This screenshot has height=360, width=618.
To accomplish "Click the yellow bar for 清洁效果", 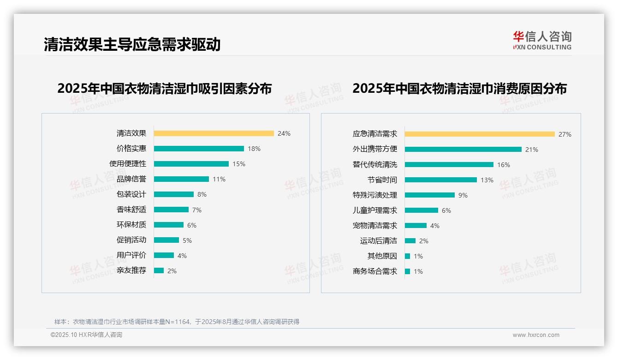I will point(214,133).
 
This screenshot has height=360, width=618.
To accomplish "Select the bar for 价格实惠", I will point(199,149).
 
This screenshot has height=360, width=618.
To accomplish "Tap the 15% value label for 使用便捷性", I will point(239,164).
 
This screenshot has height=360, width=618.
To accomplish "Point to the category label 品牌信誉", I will point(131,179).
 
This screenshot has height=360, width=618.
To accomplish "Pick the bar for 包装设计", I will point(174,194).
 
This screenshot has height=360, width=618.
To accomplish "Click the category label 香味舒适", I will point(131,210).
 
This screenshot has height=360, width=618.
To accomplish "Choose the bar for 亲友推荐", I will point(159,270).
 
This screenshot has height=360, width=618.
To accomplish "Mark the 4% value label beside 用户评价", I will point(182,256).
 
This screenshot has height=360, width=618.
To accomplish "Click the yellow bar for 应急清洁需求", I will point(480,134).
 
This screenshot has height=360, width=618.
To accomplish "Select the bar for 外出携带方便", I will point(463,149).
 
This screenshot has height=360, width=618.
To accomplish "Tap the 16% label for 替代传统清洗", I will point(504,165).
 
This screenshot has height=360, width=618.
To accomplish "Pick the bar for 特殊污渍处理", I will point(430,195).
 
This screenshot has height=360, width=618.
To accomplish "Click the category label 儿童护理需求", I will point(375,210).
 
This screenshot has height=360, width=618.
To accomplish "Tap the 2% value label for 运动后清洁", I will point(424,241).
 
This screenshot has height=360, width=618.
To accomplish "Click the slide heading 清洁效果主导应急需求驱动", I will point(132,44).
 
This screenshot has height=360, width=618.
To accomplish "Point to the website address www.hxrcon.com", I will point(536,335).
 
